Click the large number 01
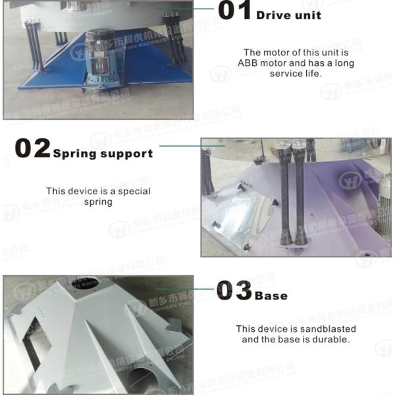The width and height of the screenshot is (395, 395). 234,11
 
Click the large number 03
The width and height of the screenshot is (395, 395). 234,290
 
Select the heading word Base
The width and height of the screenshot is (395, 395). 271,296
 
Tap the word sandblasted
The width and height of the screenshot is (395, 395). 326,329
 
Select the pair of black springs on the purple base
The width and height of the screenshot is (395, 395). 294,197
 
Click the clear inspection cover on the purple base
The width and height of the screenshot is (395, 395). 247,214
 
